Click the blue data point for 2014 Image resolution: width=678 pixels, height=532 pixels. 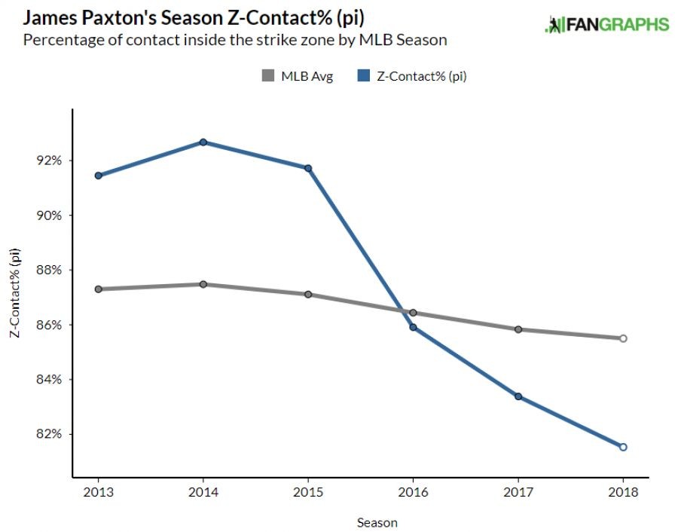[203, 142]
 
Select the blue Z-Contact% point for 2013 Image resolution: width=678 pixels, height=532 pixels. [99, 176]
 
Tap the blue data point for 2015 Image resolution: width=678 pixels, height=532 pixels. [308, 168]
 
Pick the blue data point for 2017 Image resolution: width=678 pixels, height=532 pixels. [518, 396]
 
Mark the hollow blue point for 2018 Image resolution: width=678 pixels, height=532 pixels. [623, 447]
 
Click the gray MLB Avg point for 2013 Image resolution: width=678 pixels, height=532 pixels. [99, 289]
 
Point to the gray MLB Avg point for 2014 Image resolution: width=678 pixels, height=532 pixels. [203, 284]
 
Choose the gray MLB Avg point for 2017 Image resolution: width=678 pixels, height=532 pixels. [518, 329]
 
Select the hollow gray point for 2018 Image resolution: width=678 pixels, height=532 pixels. [623, 338]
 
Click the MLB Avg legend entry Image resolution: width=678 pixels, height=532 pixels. [297, 75]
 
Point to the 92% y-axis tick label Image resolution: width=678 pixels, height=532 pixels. [47, 161]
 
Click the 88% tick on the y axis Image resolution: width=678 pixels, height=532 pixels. [47, 270]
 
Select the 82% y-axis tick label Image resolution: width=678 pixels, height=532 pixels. [47, 434]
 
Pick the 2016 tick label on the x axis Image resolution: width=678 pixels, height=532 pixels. [413, 492]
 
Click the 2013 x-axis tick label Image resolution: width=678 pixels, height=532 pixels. [99, 492]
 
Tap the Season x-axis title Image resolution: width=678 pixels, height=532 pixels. [377, 521]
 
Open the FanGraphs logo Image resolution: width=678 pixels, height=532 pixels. [606, 25]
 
